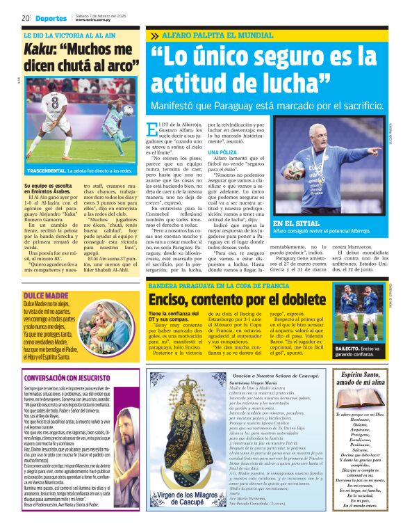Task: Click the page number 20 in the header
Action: coord(25,18)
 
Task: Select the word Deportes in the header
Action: coord(51,18)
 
